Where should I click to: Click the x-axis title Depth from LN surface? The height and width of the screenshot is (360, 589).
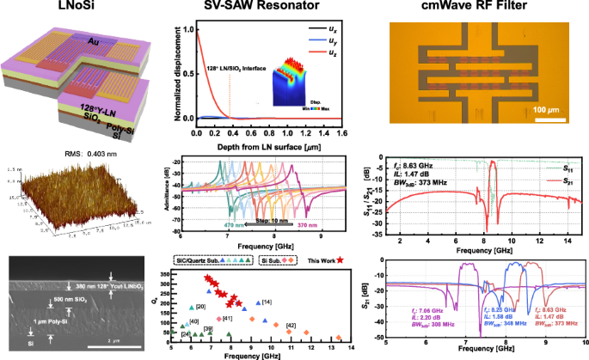coord(268,144)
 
